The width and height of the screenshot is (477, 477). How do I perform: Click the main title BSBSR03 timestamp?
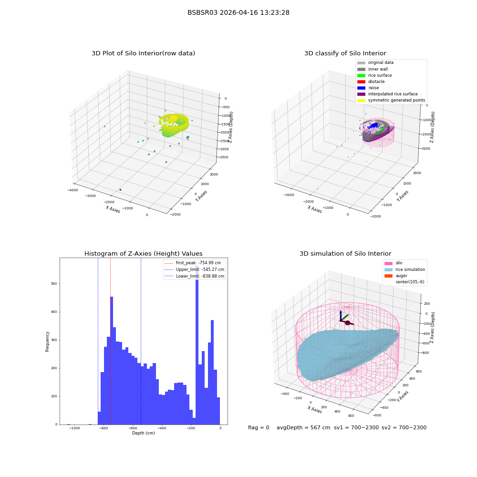pos(238,12)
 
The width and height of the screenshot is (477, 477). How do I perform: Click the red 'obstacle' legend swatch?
pos(361,82)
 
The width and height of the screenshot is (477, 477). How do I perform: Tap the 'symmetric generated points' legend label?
pos(397,100)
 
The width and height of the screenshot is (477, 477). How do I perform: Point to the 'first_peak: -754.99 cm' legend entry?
pos(193,263)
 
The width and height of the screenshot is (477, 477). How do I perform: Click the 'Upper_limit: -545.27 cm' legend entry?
pos(194,270)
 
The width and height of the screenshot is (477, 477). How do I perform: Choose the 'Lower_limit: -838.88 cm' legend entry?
pos(194,276)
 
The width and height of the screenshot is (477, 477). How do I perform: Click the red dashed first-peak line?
pos(111,341)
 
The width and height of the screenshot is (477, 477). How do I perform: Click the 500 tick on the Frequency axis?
pos(54,283)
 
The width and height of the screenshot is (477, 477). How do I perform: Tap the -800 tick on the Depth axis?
pos(104,428)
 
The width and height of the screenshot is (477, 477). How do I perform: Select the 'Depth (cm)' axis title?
pos(143,433)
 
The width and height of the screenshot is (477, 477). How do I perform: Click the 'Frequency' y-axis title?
pos(47,342)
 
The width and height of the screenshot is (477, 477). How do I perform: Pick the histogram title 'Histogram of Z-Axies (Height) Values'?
pos(143,253)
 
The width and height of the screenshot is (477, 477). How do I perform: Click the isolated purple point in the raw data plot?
pos(121,189)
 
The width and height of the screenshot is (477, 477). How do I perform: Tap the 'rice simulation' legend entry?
pos(404,270)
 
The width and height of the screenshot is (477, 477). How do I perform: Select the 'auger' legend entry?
pos(396,276)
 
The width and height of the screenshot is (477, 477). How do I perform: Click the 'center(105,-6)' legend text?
pos(410,282)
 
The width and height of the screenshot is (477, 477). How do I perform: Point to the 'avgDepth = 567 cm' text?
pos(303,427)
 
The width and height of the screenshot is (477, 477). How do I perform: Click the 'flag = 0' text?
pos(259,427)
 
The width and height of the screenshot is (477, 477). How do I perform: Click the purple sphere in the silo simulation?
pos(347,323)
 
